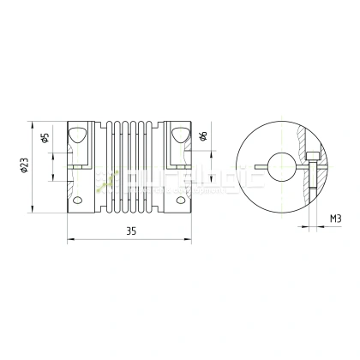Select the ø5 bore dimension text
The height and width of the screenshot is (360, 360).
click(x=44, y=136)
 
